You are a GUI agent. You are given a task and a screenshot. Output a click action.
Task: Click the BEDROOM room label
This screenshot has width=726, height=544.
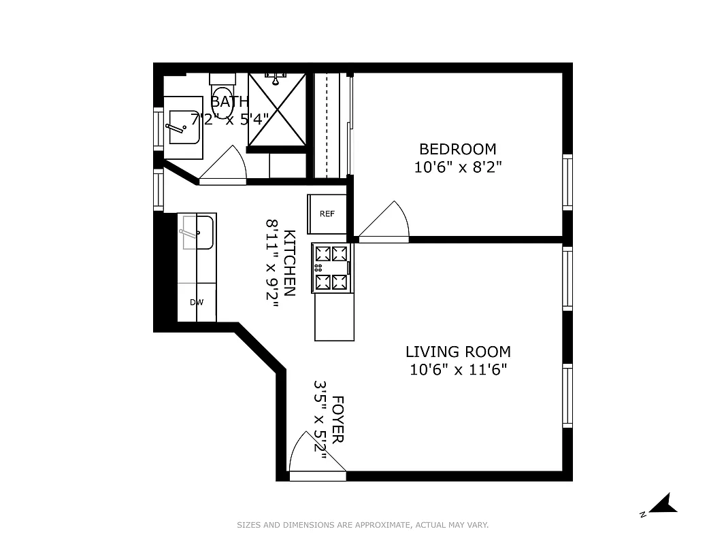point(457,149)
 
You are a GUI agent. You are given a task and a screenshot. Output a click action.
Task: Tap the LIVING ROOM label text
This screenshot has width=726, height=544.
point(458,352)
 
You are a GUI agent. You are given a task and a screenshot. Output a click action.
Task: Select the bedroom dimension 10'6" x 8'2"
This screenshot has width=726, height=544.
point(458,167)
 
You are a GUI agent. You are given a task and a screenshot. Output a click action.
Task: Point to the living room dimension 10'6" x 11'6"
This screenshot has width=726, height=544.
point(458,370)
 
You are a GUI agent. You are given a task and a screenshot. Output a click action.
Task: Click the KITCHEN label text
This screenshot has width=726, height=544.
point(289,263)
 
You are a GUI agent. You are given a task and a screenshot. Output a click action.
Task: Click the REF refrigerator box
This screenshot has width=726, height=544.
point(327,214)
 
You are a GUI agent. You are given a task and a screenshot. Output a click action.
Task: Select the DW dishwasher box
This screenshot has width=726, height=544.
point(197,303)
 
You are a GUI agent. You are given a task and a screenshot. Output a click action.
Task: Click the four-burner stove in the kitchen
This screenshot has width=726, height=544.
point(331,268)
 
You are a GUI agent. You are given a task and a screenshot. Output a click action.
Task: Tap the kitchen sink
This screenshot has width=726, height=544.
point(197,232)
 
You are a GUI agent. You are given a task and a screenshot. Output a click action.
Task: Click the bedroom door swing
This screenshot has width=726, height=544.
point(386,221)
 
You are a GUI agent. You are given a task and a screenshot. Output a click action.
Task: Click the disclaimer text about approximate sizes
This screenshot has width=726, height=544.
point(363,525)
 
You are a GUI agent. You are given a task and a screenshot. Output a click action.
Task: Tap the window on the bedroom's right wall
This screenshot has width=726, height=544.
point(567,182)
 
